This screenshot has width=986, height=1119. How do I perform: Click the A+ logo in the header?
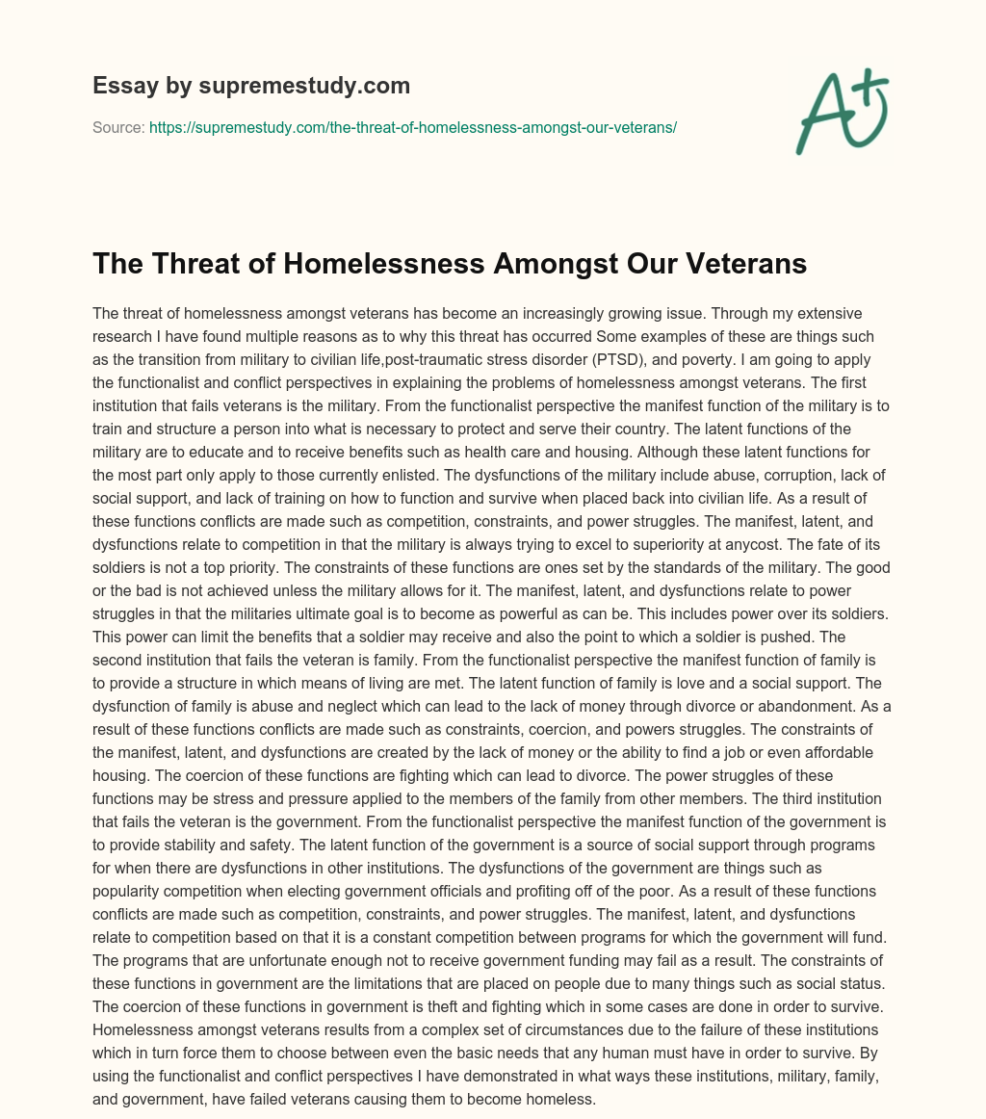[x=841, y=111]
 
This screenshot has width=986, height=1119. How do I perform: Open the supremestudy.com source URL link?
[x=413, y=127]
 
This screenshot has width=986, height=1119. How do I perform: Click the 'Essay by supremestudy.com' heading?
[x=251, y=86]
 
